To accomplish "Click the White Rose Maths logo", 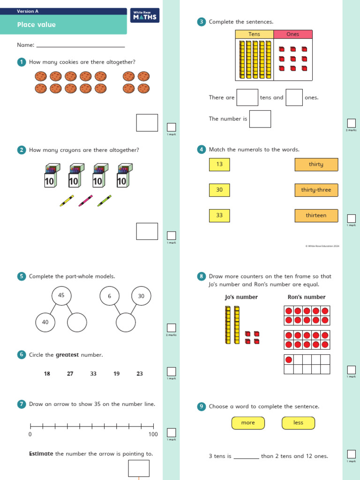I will pyautogui.click(x=145, y=15).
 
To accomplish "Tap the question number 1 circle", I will pyautogui.click(x=21, y=62).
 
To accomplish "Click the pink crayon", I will pyautogui.click(x=85, y=201).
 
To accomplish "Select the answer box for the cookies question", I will pyautogui.click(x=147, y=122).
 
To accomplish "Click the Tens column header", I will pyautogui.click(x=254, y=34).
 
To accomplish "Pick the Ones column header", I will pyautogui.click(x=292, y=34).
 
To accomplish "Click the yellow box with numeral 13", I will pyautogui.click(x=219, y=165).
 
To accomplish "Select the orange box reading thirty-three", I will pyautogui.click(x=316, y=190).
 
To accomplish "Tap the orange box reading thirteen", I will pyautogui.click(x=316, y=216).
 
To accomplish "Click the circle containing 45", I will pyautogui.click(x=61, y=295).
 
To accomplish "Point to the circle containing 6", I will pyautogui.click(x=110, y=296).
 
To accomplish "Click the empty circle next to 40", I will pyautogui.click(x=77, y=322).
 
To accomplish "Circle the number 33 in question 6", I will pyautogui.click(x=93, y=374).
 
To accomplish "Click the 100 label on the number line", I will pyautogui.click(x=153, y=435).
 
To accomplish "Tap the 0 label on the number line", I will pyautogui.click(x=30, y=435).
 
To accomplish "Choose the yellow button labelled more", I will pyautogui.click(x=248, y=423).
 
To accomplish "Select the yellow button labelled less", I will pyautogui.click(x=298, y=423).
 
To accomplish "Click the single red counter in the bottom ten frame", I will pyautogui.click(x=289, y=360).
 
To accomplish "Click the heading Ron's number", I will pyautogui.click(x=306, y=297).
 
